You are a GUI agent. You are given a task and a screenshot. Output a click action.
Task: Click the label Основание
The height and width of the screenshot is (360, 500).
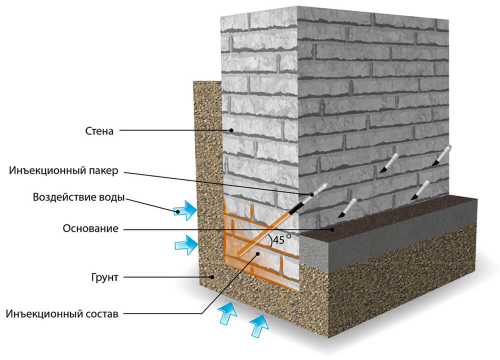click(x=90, y=229)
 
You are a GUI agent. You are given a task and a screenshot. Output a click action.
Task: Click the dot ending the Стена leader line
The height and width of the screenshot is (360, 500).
click(x=231, y=131)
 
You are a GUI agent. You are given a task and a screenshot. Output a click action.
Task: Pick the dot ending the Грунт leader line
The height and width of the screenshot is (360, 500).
click(x=212, y=276)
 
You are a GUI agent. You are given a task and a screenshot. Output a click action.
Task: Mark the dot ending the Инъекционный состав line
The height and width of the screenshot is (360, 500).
click(x=258, y=254)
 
